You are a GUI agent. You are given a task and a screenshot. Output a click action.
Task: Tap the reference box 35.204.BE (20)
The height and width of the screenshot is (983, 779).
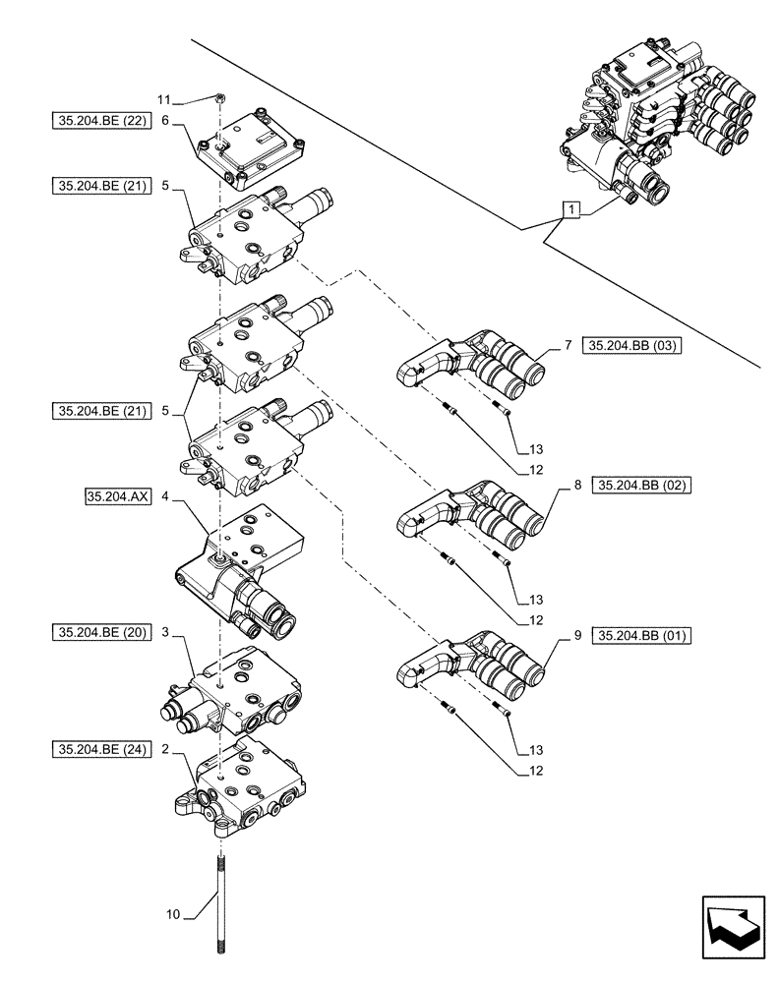[x=98, y=633]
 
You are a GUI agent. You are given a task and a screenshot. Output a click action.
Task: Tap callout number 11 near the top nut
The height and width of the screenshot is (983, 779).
[x=164, y=99]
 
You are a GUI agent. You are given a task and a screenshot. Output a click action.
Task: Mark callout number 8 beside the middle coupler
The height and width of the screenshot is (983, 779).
[x=577, y=486]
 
